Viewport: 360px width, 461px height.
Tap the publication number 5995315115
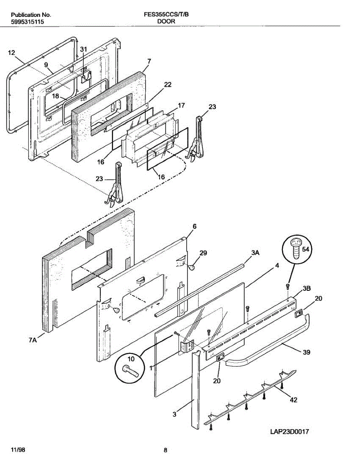(27, 22)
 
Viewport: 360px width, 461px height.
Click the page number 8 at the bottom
(165, 450)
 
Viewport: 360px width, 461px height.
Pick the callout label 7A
(33, 340)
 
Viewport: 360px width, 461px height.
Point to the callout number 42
(294, 400)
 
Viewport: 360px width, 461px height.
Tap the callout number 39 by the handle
(307, 352)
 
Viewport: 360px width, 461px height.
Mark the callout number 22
(168, 85)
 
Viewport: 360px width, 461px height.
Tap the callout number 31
(83, 49)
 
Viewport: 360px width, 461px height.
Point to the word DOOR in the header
(166, 22)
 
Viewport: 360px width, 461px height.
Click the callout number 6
(194, 227)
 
